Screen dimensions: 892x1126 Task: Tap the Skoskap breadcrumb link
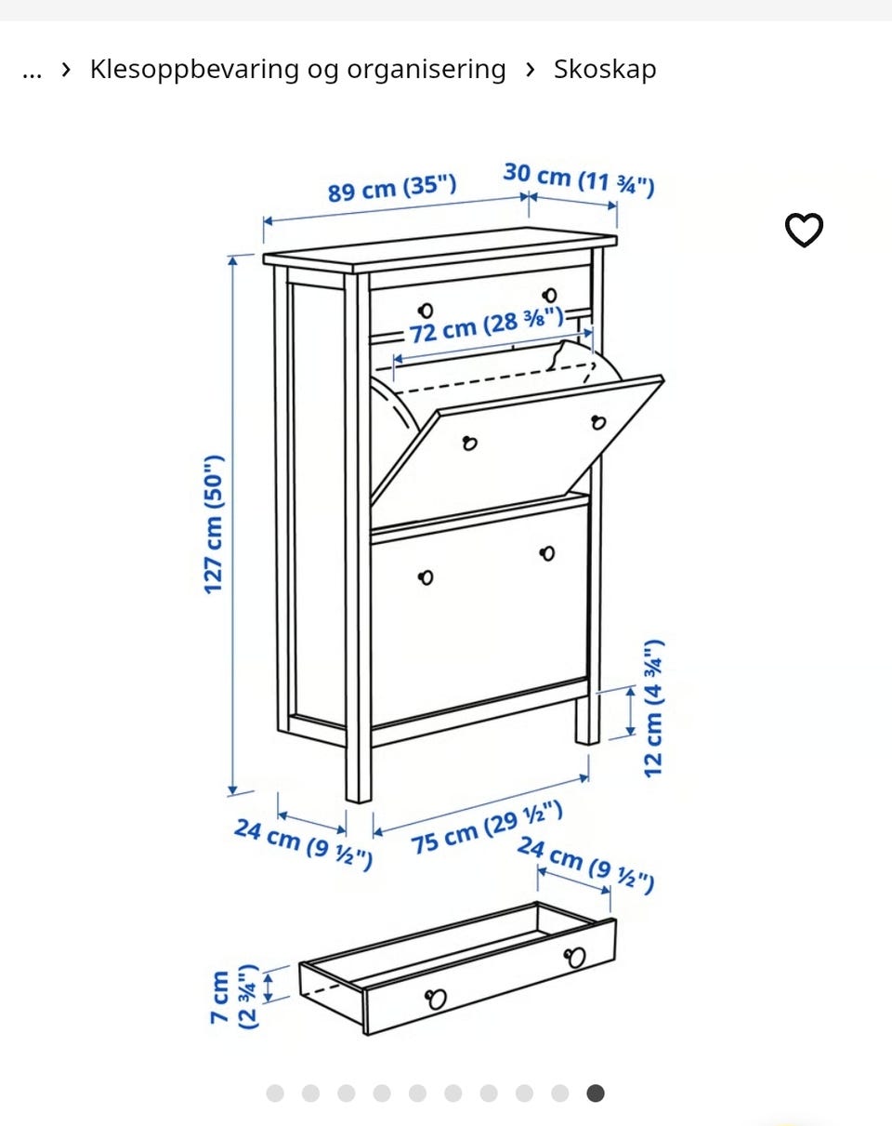605,69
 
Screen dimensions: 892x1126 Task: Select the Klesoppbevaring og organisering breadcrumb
298,70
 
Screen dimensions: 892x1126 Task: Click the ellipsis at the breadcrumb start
32,74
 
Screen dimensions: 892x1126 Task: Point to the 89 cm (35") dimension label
392,187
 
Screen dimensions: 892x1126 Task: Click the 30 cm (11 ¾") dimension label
579,180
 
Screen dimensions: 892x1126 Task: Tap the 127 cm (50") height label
214,524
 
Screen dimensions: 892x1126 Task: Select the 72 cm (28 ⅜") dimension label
486,325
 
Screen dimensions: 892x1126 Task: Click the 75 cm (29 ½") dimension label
487,828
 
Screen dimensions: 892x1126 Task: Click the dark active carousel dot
596,1093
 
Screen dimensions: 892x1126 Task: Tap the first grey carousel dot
275,1093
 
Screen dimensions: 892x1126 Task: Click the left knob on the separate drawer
436,999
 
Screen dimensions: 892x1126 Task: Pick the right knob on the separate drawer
575,957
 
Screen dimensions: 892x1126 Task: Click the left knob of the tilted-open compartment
469,444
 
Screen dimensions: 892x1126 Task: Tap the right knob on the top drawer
549,296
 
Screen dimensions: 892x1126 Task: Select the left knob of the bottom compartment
426,577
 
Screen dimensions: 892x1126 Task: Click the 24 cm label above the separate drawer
585,865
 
